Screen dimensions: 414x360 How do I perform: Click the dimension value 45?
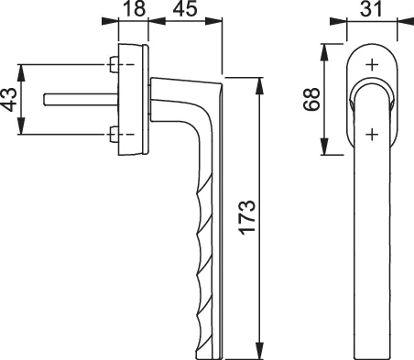click(x=184, y=8)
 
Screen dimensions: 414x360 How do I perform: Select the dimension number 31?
click(x=371, y=8)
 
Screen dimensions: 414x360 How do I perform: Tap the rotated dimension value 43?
click(x=8, y=100)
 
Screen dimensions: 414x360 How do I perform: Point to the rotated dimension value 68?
click(x=311, y=99)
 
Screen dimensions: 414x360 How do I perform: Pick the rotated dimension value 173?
click(x=246, y=217)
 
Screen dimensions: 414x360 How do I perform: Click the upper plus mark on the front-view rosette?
click(x=372, y=64)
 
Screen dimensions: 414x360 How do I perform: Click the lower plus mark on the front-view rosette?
click(x=372, y=134)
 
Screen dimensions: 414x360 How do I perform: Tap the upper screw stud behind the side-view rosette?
click(x=114, y=64)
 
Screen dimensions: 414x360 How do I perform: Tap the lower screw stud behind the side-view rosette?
click(x=114, y=134)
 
